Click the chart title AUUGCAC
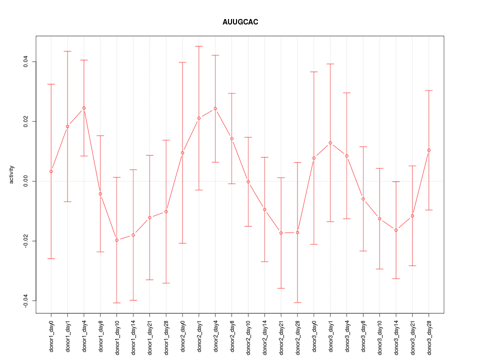(240, 22)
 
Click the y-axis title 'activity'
(11, 174)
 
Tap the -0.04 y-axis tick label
(26, 300)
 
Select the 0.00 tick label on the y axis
(26, 181)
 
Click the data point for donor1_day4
(84, 108)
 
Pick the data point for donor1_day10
(117, 240)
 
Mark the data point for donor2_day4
(215, 108)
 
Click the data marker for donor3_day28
(429, 150)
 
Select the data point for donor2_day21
(281, 233)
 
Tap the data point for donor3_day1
(330, 143)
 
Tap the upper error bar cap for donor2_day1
(199, 46)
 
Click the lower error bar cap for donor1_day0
(51, 258)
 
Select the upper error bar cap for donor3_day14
(396, 181)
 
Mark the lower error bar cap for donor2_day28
(297, 302)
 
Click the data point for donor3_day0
(314, 158)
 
